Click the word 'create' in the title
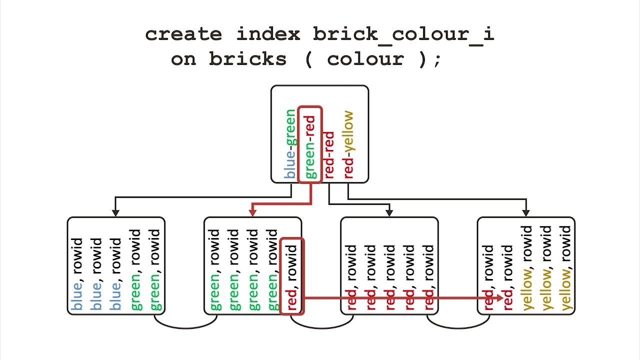point(183,34)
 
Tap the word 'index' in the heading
point(268,34)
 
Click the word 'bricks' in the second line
point(247,59)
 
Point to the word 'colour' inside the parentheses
point(365,59)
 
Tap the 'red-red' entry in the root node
point(329,155)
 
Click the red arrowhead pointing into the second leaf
point(252,212)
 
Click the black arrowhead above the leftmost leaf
point(115,213)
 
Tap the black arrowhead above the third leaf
point(389,213)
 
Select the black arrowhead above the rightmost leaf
point(525,213)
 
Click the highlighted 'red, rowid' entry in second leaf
point(292,276)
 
